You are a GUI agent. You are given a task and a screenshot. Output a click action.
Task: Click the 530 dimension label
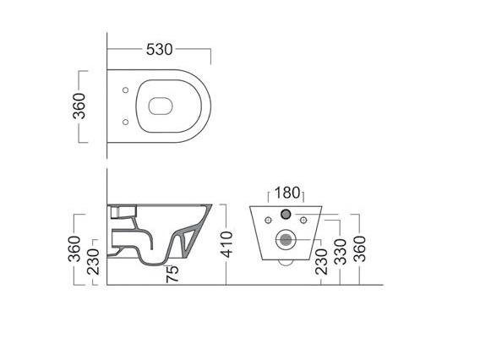tap(160, 50)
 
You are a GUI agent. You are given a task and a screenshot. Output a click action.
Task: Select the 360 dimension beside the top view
tap(79, 106)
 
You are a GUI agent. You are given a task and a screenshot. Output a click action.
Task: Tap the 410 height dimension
tap(226, 244)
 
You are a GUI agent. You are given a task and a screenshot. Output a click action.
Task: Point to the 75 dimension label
tap(172, 274)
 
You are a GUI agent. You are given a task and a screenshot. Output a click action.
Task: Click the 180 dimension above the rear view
tap(287, 193)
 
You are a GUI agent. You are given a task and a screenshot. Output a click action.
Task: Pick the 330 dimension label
tap(340, 252)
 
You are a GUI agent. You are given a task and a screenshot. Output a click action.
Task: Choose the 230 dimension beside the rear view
tap(321, 262)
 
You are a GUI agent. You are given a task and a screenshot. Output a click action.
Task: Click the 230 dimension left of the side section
tap(93, 262)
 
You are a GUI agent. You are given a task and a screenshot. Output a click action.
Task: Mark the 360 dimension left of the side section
tap(74, 248)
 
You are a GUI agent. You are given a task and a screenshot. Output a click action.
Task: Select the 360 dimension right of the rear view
tap(359, 248)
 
